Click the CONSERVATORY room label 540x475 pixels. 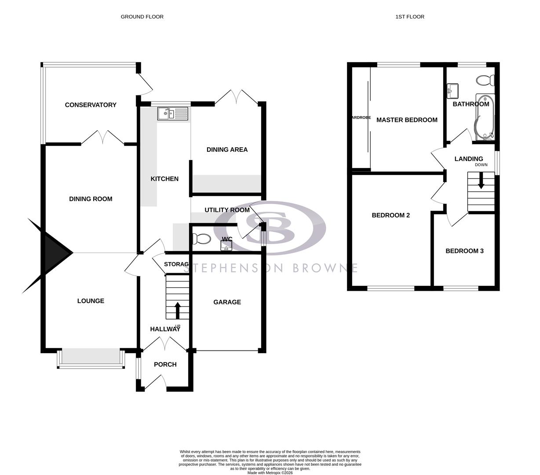click(x=91, y=105)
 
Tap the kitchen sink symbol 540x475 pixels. click(x=173, y=114)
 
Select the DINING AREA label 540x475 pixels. click(x=227, y=150)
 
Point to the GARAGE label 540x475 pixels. click(x=227, y=302)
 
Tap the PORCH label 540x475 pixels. click(x=165, y=365)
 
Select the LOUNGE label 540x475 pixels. click(x=91, y=301)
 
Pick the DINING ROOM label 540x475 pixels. click(x=91, y=199)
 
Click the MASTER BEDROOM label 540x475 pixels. click(x=407, y=120)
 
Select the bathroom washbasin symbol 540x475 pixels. click(x=453, y=91)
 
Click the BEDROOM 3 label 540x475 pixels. click(x=464, y=251)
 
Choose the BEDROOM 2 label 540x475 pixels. click(x=390, y=215)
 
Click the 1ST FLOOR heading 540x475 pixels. click(x=410, y=17)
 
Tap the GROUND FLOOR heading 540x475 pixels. click(x=142, y=17)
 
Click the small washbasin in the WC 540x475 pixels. click(x=226, y=245)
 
